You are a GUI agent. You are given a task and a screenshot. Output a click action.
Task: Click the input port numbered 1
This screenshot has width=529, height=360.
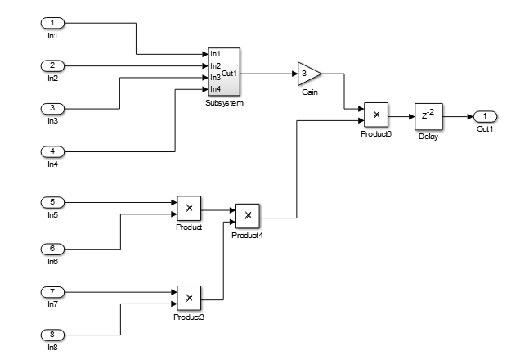[x=52, y=22]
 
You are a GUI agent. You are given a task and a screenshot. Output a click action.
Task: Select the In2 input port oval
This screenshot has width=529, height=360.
[x=52, y=65]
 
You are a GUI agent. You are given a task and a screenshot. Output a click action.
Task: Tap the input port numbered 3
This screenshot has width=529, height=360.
[x=52, y=108]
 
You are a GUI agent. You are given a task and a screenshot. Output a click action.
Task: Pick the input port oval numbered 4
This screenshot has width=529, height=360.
[x=52, y=151]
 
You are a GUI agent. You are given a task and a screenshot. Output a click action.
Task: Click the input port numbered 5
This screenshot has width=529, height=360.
[x=52, y=201]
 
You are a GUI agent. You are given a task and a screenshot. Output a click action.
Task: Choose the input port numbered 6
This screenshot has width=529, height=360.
[x=52, y=248]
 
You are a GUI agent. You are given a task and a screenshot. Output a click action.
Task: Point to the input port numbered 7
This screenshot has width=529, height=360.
[x=52, y=290]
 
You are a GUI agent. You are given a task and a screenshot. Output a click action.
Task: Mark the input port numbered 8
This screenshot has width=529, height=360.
[x=52, y=334]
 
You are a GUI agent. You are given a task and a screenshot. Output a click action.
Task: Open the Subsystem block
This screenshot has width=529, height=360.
[x=224, y=72]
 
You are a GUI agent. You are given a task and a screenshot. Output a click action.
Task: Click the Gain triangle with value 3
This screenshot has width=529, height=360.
[x=308, y=72]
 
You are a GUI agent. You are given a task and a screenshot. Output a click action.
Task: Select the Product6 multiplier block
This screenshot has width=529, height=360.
[x=376, y=115]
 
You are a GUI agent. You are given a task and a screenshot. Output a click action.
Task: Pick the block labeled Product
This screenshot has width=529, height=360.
[x=189, y=208]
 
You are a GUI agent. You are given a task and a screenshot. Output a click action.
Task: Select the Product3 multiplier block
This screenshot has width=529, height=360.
[x=189, y=298]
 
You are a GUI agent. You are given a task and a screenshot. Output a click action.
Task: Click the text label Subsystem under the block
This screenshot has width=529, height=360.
[x=224, y=104]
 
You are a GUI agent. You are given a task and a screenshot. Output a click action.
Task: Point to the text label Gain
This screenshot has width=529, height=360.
[x=309, y=92]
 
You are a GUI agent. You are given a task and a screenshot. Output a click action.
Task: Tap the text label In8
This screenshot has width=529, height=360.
[x=52, y=348]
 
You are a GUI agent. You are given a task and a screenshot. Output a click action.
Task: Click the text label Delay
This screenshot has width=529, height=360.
[x=428, y=136]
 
